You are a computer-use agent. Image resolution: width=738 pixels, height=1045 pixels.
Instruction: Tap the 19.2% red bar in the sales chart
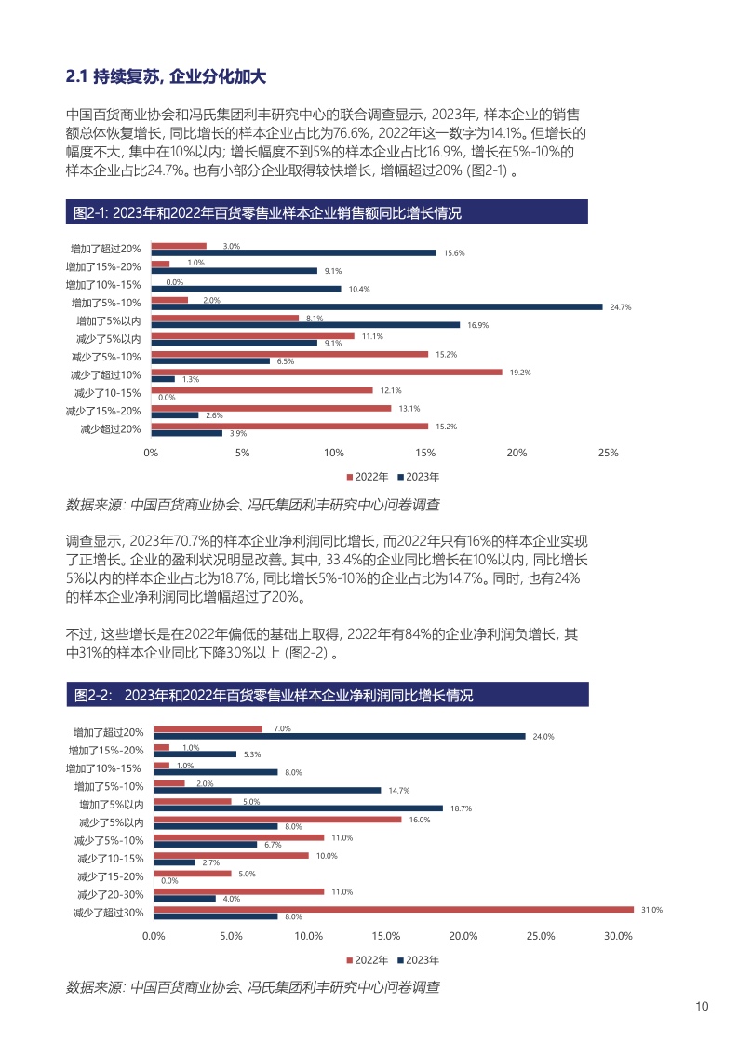tap(326, 372)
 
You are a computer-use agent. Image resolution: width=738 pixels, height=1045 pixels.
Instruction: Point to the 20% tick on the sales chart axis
tap(517, 453)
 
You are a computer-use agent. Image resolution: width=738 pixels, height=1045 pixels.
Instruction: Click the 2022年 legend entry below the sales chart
tap(369, 476)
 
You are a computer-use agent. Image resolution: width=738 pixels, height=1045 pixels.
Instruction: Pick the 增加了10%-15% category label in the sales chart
tap(103, 285)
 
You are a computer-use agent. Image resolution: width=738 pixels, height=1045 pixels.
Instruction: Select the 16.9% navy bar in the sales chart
tap(305, 325)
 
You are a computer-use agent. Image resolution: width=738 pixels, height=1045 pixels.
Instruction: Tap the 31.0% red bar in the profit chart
tap(393, 909)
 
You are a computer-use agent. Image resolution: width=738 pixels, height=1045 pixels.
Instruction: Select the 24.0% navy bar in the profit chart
tap(339, 736)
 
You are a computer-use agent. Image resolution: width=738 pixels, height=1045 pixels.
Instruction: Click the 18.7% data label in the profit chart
tap(462, 808)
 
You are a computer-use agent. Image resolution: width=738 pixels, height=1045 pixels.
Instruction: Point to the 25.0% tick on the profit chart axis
tap(541, 936)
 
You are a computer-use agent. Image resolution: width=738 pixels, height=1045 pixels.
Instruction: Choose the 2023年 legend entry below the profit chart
tap(422, 959)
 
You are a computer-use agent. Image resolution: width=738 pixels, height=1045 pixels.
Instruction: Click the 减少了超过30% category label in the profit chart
tap(108, 913)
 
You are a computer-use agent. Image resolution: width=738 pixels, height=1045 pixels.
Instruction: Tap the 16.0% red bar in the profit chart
tap(277, 819)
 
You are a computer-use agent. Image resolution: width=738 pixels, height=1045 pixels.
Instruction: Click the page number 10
tap(703, 1007)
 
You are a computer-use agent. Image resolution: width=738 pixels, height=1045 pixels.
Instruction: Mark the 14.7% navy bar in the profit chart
tap(267, 790)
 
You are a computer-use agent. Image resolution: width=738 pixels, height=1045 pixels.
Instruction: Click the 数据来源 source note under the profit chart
tap(252, 985)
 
